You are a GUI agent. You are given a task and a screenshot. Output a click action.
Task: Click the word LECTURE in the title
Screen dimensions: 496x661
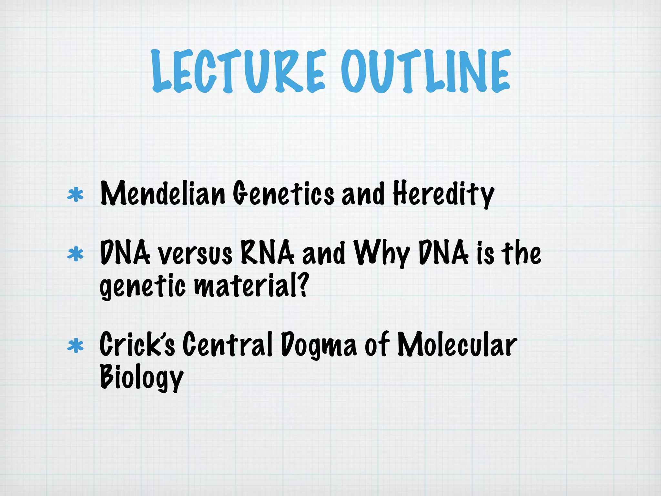coord(238,71)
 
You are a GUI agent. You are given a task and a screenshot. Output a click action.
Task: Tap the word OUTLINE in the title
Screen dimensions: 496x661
coord(425,71)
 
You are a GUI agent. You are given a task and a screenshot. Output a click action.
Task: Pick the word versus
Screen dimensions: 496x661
coord(195,254)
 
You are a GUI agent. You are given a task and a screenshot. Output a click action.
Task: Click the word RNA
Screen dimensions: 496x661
coord(267,253)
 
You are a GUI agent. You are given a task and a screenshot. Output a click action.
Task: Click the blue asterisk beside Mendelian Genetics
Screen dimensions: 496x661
coord(75,195)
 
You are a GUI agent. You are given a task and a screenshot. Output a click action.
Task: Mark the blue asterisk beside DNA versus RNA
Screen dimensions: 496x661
coord(75,254)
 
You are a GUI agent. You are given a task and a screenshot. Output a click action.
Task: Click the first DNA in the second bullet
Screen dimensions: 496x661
coord(125,253)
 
